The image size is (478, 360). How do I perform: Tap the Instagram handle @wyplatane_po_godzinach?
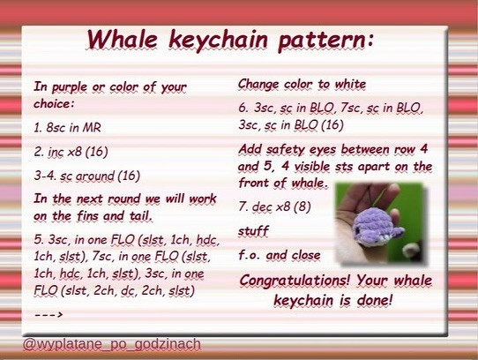(111, 343)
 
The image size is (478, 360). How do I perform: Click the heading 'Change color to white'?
(302, 85)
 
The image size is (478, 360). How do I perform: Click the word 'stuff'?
(253, 231)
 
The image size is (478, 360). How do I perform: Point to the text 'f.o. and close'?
(280, 256)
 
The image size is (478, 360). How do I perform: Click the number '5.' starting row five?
(39, 239)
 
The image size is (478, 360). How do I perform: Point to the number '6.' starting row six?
(243, 109)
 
